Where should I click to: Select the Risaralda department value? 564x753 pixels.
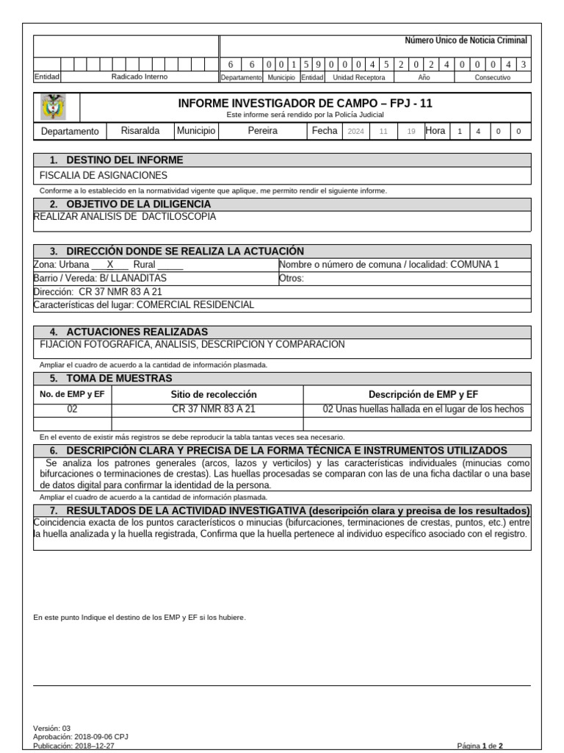[x=140, y=131]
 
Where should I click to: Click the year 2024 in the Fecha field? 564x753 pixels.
[x=355, y=132]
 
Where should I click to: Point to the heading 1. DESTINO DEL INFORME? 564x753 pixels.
[x=116, y=160]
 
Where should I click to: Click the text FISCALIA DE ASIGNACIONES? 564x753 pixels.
[x=103, y=175]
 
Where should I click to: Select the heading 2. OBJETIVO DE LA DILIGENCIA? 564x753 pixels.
[x=130, y=204]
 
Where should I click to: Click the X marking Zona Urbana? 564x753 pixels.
[x=110, y=265]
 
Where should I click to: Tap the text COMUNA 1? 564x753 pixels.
[x=474, y=265]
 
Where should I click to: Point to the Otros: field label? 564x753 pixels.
[x=292, y=278]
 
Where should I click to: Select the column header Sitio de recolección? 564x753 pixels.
[x=214, y=395]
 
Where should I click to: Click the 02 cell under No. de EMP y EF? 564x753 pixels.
[x=72, y=410]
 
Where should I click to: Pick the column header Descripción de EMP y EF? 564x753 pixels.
[x=423, y=395]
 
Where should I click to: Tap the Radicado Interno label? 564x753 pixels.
[x=139, y=76]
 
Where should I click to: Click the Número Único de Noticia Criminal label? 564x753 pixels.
[x=466, y=41]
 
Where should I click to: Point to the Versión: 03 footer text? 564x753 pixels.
[x=52, y=728]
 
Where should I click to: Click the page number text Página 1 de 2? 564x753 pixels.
[x=480, y=746]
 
